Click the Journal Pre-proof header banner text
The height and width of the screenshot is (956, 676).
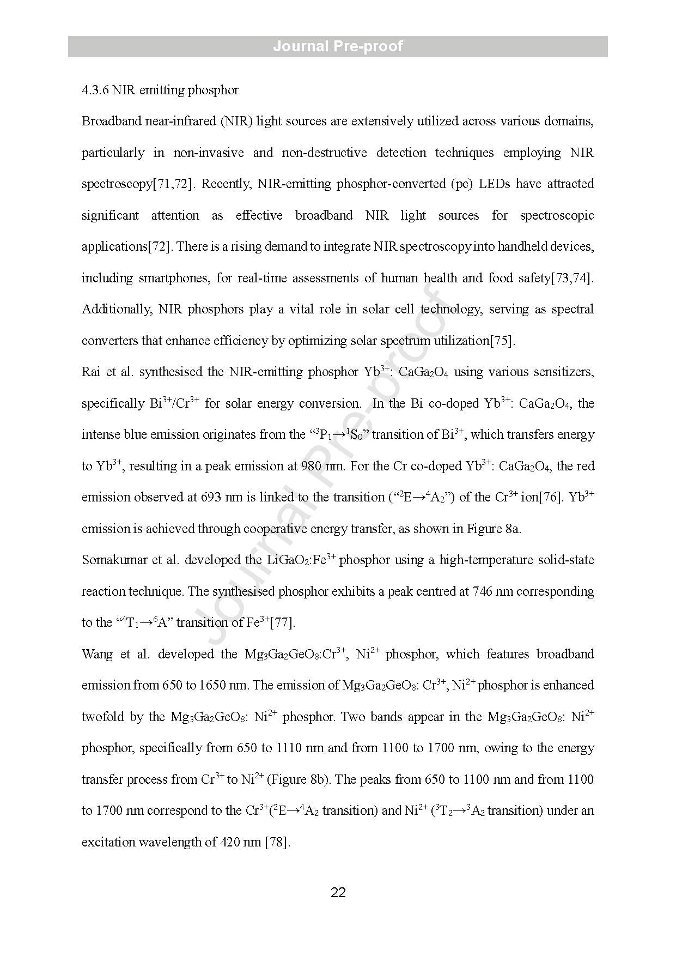point(338,46)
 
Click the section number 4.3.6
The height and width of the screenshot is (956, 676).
point(95,90)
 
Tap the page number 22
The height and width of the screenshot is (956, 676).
point(338,893)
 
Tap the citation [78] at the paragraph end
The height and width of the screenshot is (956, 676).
point(276,843)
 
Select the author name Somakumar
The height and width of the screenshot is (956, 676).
point(113,560)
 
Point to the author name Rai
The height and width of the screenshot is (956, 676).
point(90,372)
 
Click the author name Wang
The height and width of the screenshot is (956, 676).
point(97,655)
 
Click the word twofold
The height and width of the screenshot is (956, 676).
point(104,717)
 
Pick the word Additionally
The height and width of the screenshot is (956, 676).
point(117,310)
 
